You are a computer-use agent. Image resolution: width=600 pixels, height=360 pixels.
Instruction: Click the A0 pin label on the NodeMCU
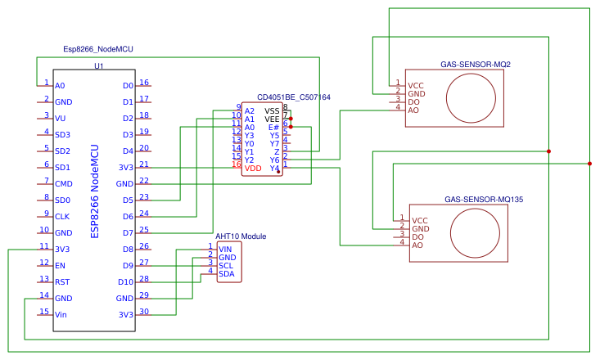pyautogui.click(x=60, y=85)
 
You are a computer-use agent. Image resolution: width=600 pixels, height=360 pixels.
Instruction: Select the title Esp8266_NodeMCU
pyautogui.click(x=97, y=49)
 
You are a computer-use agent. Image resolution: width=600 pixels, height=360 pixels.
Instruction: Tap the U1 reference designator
pyautogui.click(x=99, y=66)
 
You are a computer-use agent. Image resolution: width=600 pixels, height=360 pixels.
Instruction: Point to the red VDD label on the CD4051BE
pyautogui.click(x=254, y=168)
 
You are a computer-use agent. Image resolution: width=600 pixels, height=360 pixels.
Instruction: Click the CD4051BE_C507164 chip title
pyautogui.click(x=293, y=97)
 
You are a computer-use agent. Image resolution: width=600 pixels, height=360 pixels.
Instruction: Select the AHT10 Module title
pyautogui.click(x=241, y=236)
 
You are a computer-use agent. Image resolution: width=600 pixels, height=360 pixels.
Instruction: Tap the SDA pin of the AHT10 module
pyautogui.click(x=226, y=274)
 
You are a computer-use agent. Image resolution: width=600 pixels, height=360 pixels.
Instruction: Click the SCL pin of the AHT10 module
pyautogui.click(x=226, y=265)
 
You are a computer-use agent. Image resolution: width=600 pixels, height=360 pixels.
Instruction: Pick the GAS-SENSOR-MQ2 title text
pyautogui.click(x=476, y=64)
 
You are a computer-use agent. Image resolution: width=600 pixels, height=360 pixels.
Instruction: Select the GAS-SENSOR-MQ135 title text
pyautogui.click(x=483, y=199)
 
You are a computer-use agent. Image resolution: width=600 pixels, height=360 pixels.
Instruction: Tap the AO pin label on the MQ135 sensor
pyautogui.click(x=417, y=245)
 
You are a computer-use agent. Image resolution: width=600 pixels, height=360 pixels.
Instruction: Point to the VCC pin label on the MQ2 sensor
pyautogui.click(x=416, y=85)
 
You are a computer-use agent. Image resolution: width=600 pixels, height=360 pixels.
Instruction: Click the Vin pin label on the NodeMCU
pyautogui.click(x=61, y=314)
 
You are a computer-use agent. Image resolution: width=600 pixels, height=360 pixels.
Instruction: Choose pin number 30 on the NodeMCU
pyautogui.click(x=144, y=312)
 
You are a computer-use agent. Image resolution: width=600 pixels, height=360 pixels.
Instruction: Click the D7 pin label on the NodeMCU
pyautogui.click(x=127, y=232)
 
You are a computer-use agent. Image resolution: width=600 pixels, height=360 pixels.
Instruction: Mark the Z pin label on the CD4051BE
pyautogui.click(x=277, y=151)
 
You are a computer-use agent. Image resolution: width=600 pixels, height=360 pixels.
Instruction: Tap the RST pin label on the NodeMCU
pyautogui.click(x=62, y=281)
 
